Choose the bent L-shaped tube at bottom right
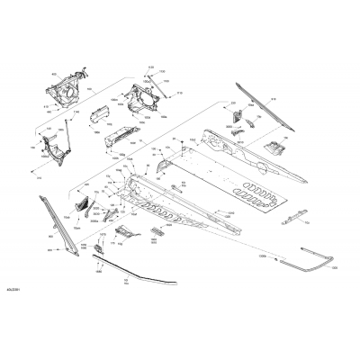pos(310,261)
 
